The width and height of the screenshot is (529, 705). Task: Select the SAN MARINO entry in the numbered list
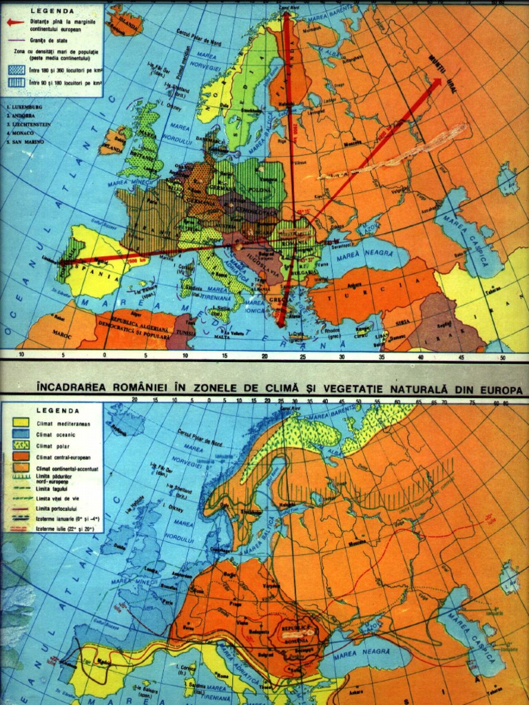click(x=26, y=141)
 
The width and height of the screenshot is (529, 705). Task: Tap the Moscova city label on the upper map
click(x=353, y=144)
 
